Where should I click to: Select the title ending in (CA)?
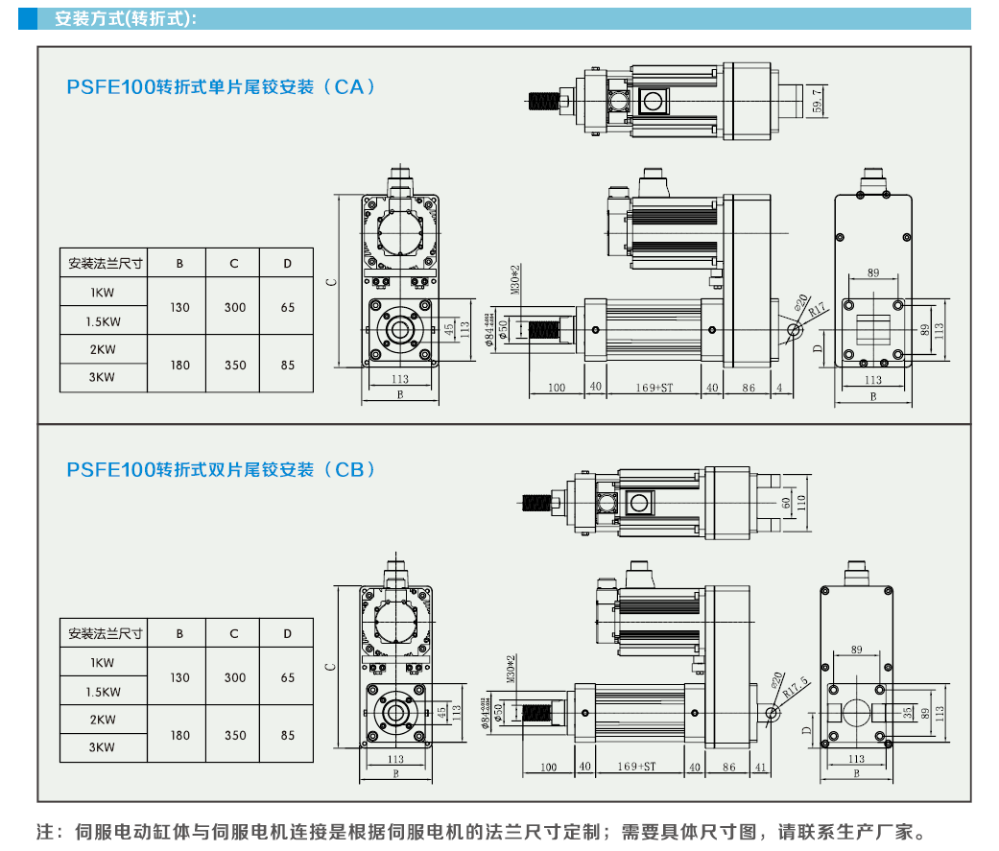pos(221,86)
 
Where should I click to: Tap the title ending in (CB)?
pos(221,470)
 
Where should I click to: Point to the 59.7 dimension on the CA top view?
pos(817,100)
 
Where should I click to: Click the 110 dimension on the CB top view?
pos(801,501)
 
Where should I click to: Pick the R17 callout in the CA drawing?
pos(816,310)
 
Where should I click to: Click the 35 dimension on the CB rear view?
pos(908,713)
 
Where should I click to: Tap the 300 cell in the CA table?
pos(235,307)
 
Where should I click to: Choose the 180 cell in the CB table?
pos(179,736)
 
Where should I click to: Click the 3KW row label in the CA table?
pos(103,377)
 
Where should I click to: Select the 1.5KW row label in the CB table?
pos(103,692)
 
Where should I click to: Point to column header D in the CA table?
pos(288,263)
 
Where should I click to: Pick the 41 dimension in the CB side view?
pos(761,767)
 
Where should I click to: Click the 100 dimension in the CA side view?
pos(557,388)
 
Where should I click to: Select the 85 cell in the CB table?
pos(288,736)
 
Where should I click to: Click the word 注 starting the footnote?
pos(45,831)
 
